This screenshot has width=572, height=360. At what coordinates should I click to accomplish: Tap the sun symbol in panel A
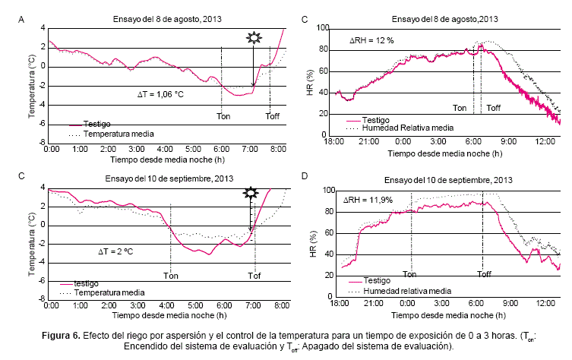point(253,38)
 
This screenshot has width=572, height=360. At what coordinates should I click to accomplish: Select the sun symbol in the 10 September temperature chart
point(250,194)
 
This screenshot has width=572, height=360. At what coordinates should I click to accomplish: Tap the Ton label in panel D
point(409,273)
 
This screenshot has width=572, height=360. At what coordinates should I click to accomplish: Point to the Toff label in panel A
point(272,116)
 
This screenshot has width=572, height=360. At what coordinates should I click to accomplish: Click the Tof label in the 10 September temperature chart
point(254,275)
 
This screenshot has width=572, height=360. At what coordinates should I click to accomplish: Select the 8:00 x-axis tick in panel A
point(279,150)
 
